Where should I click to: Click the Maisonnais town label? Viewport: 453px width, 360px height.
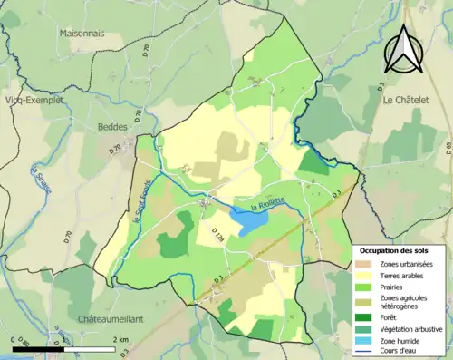pyautogui.click(x=82, y=34)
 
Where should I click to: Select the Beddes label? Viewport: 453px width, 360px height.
pyautogui.click(x=112, y=128)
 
